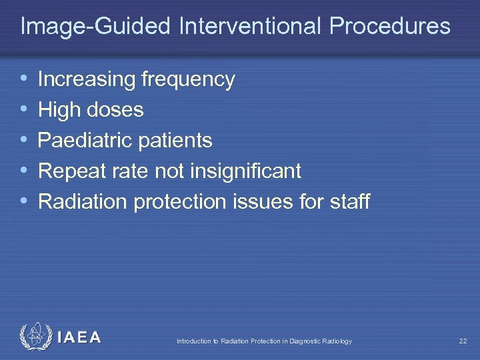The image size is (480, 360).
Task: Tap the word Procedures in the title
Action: [389, 27]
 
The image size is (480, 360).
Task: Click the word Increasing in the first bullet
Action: [87, 80]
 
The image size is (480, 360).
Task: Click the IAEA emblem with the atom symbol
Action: [35, 337]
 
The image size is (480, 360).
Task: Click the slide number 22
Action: [463, 341]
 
